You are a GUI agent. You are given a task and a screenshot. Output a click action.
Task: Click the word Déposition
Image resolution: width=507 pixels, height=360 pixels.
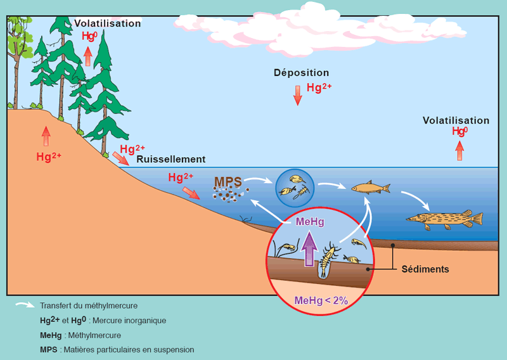point(301,73)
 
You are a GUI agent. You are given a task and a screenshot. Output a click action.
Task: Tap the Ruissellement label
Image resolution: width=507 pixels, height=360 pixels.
point(171,159)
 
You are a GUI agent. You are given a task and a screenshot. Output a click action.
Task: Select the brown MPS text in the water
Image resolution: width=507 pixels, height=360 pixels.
point(228,182)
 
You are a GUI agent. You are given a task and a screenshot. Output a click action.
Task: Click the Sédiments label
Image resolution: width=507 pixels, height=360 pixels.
point(425,269)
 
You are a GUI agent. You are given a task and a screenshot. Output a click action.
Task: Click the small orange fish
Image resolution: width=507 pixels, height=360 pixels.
point(370,188)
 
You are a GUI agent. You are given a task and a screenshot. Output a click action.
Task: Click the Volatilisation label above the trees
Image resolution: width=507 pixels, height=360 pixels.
point(107,23)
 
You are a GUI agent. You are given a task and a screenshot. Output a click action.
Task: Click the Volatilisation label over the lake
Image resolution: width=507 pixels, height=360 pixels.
point(456,120)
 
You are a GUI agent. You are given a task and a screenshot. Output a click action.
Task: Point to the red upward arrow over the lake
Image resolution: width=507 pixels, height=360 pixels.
point(459,150)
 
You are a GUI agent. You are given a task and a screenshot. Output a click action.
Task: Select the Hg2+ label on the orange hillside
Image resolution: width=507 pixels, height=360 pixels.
point(49,156)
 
